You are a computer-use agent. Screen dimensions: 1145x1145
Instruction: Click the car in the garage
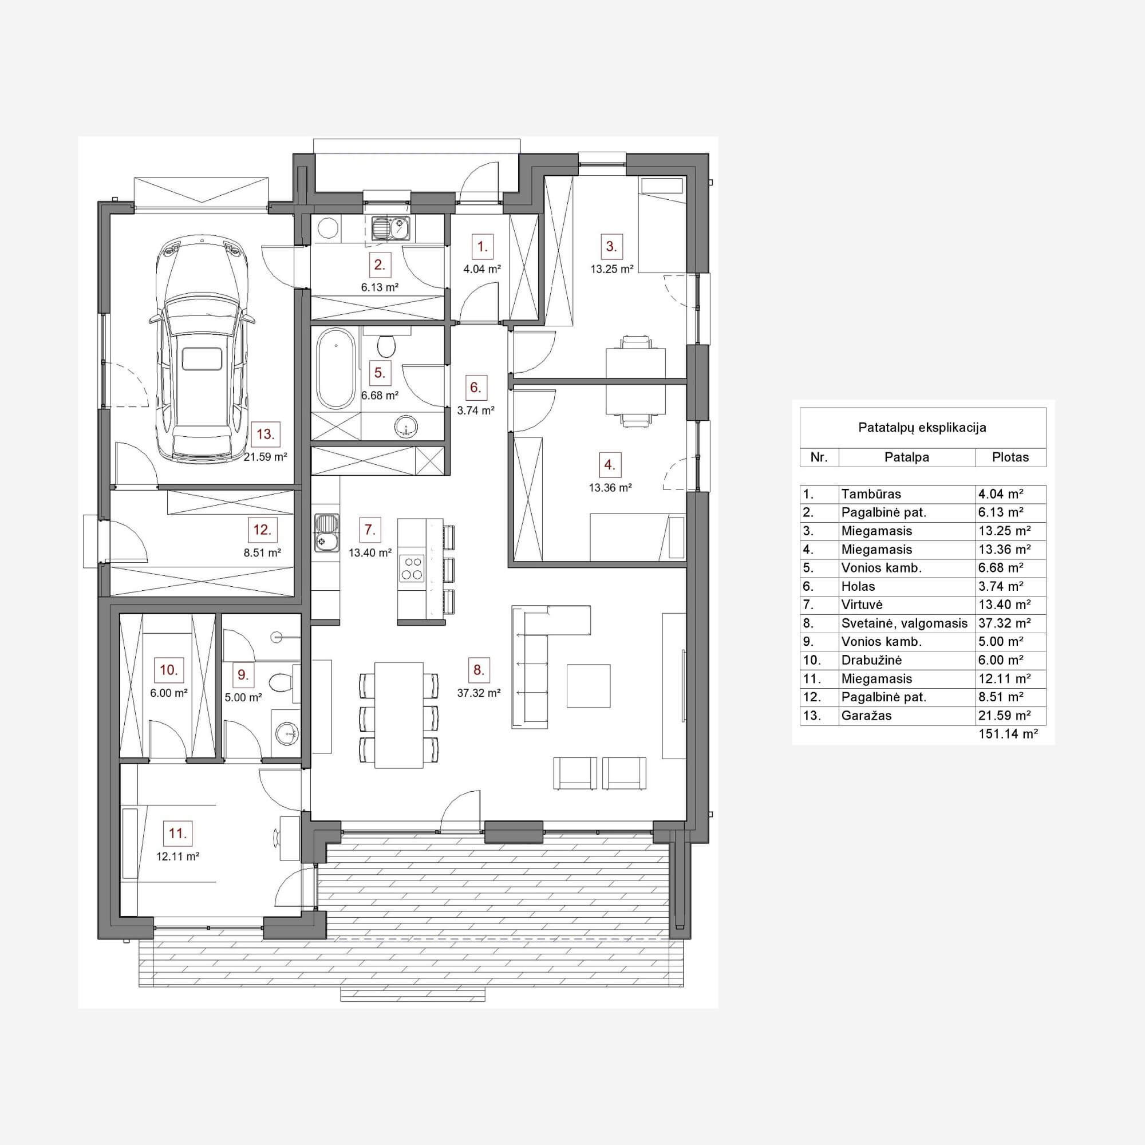pos(202,350)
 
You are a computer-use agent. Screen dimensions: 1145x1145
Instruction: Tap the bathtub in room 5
pos(337,368)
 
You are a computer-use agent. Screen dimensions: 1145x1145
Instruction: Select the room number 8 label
pos(479,670)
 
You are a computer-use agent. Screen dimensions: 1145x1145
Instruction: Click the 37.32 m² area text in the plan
pos(479,692)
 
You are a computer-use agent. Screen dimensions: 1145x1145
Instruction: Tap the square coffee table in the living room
pos(589,686)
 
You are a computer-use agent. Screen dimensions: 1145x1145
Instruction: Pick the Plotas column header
pos(1010,457)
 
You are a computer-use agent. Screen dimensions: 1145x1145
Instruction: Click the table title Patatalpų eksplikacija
pos(922,427)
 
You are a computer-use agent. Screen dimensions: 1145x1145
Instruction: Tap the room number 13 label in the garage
pos(266,435)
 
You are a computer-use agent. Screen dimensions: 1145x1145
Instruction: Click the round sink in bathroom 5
pos(406,425)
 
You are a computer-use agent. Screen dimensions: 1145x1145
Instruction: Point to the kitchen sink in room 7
pos(326,532)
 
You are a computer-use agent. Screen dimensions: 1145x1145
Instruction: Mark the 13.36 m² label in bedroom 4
pos(610,488)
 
